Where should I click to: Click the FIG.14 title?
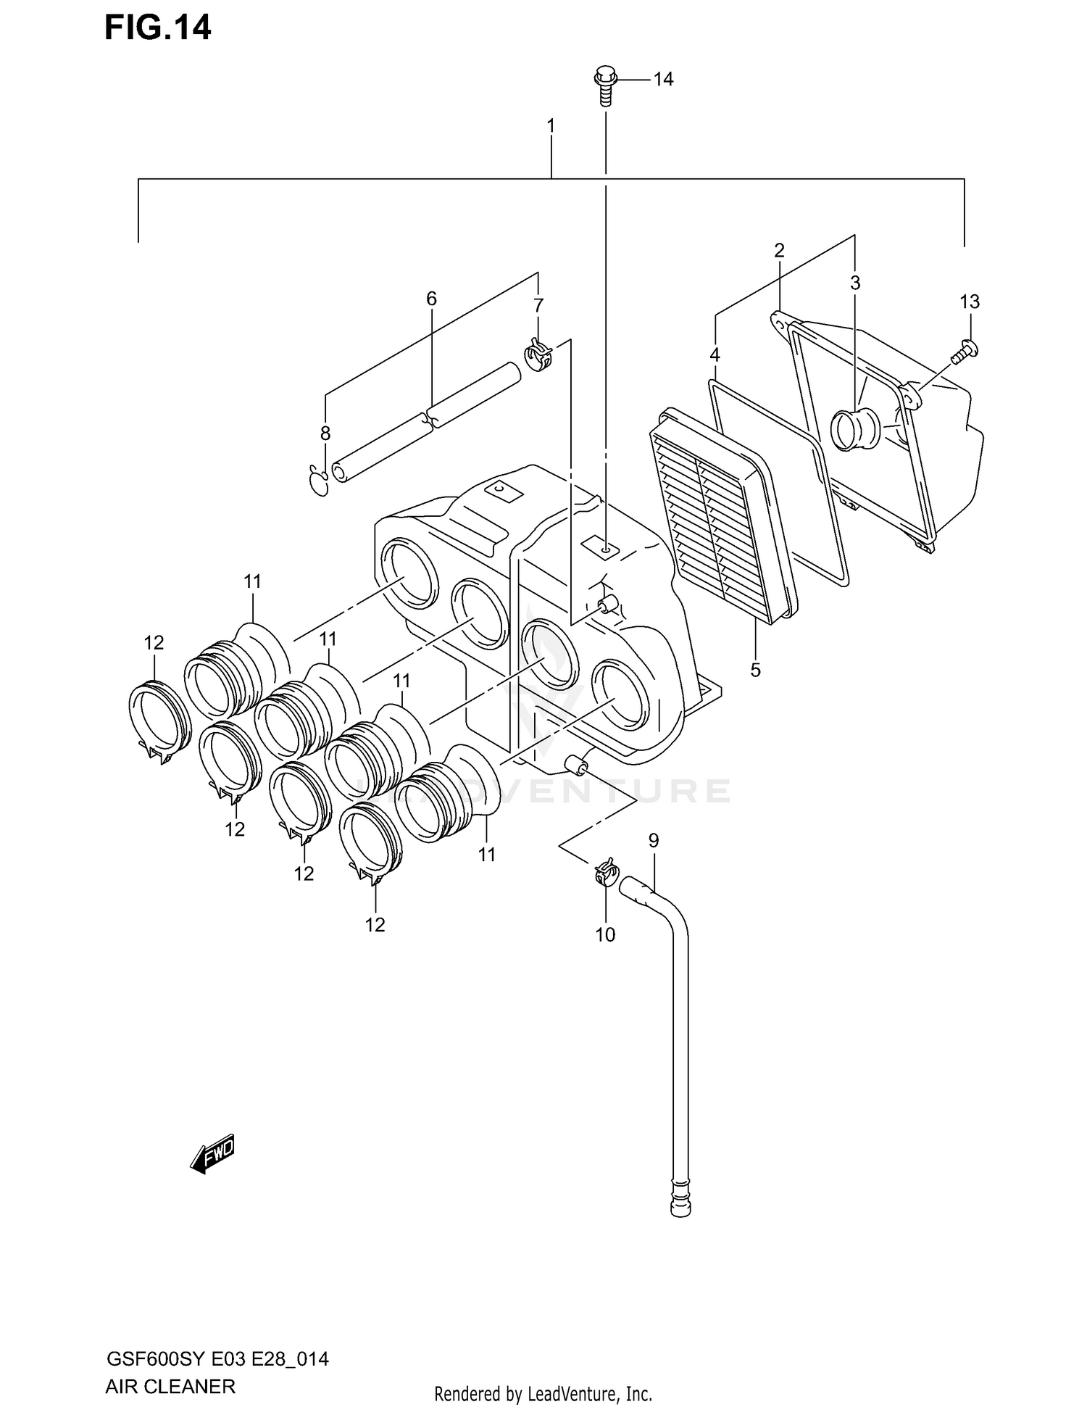157,28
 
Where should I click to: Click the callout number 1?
551,126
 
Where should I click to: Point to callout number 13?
970,302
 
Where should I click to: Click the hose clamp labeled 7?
538,354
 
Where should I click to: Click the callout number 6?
431,298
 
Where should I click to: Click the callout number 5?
755,670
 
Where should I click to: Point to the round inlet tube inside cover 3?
855,428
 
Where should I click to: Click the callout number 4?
715,355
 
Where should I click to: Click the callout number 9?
654,841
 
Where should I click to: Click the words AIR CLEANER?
170,1386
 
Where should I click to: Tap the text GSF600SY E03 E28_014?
217,1358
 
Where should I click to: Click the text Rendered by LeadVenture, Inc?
543,1393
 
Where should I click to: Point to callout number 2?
779,251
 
